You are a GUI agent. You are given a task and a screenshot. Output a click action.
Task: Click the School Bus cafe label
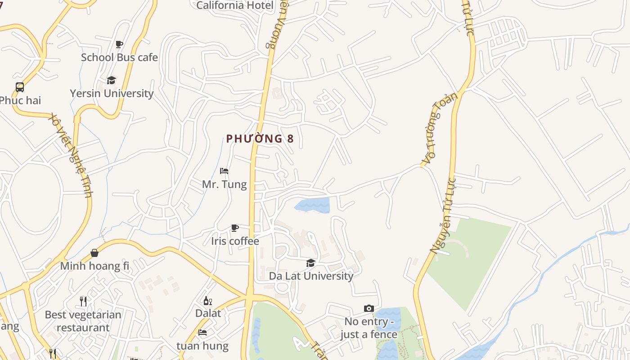click(119, 58)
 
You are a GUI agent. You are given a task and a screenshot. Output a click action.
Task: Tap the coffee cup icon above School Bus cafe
click(119, 44)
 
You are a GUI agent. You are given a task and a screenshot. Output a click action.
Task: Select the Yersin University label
click(112, 94)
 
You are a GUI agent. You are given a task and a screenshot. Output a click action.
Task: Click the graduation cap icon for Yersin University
click(111, 80)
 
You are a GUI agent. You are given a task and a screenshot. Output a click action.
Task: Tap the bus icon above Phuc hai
click(20, 87)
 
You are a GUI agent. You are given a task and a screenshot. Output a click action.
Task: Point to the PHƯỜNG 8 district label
click(260, 139)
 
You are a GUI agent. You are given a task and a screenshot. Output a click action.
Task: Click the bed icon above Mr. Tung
click(224, 171)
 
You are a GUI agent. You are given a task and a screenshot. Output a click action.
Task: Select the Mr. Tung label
click(224, 184)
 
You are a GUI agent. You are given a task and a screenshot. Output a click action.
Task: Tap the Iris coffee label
click(235, 241)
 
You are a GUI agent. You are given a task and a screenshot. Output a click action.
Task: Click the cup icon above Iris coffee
click(235, 228)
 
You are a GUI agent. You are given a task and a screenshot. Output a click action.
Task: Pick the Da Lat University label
click(311, 276)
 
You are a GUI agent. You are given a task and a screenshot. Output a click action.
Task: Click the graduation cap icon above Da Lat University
click(310, 263)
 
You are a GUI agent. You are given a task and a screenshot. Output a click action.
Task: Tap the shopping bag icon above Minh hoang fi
click(94, 253)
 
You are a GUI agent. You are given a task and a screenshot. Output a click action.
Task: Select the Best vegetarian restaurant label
click(83, 321)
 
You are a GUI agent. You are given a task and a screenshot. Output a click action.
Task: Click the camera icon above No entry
click(369, 308)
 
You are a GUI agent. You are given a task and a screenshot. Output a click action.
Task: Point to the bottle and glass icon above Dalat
click(207, 301)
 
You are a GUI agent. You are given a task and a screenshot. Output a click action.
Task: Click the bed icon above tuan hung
click(202, 333)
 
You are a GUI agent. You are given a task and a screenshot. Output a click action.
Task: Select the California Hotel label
click(235, 5)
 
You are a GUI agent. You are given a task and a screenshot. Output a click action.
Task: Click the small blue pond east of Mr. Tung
click(313, 205)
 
